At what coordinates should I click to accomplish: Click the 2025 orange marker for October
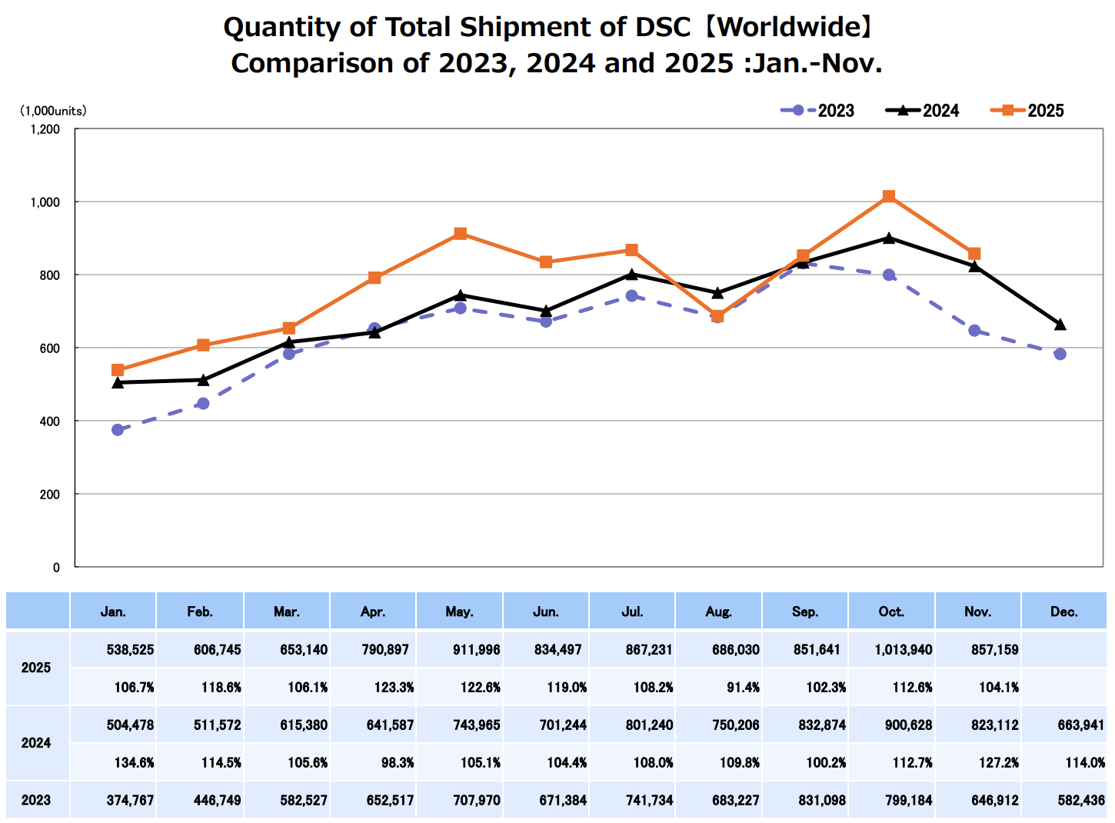pos(889,196)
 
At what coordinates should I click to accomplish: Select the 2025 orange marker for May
pos(460,234)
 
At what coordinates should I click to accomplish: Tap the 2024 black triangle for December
pos(1060,325)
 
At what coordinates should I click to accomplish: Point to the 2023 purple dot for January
pos(118,430)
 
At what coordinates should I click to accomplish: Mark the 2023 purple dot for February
pos(203,404)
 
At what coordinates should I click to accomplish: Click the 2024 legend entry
pos(923,111)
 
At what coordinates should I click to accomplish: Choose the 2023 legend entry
pos(817,111)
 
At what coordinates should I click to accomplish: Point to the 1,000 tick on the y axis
pos(45,202)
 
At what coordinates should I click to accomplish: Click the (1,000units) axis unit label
pos(53,111)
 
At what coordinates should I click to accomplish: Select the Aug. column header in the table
pos(718,612)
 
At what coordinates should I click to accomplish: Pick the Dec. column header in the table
pos(1063,612)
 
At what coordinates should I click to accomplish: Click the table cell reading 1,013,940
pos(903,650)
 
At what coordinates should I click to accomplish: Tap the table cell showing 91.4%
pos(743,688)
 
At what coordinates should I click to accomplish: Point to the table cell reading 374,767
pos(130,800)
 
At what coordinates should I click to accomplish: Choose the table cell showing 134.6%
pos(134,762)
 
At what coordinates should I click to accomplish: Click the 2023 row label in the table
pos(36,800)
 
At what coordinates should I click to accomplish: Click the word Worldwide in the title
pos(789,28)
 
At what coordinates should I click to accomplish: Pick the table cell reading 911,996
pos(476,650)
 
